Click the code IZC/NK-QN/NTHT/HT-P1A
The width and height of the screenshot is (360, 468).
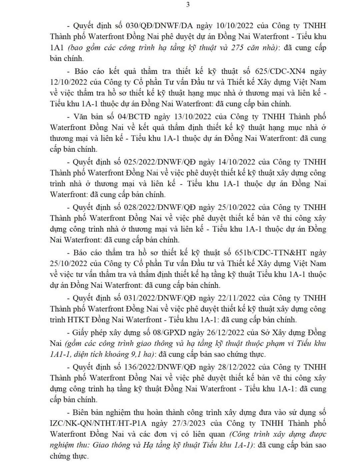(x=97, y=423)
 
